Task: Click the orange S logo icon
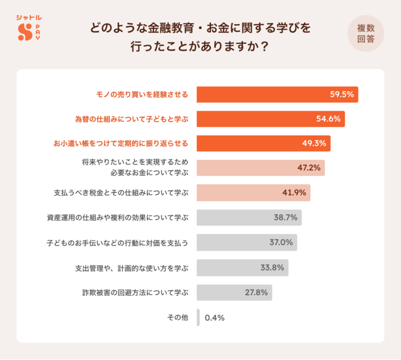click(x=24, y=32)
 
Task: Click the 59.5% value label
click(x=342, y=94)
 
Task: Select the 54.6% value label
click(x=328, y=119)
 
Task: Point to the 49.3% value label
click(x=314, y=143)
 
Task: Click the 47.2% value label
click(x=308, y=168)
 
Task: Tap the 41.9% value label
click(x=294, y=193)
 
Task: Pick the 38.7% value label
click(x=286, y=217)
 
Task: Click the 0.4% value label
click(x=214, y=317)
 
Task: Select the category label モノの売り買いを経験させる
click(x=142, y=94)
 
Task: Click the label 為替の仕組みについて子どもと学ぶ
click(x=131, y=119)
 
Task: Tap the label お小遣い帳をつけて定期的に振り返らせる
click(x=120, y=143)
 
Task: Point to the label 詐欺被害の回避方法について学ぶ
click(x=135, y=292)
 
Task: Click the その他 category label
click(x=177, y=317)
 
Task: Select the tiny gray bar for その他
click(x=199, y=317)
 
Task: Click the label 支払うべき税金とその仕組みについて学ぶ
click(x=121, y=193)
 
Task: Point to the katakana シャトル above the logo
click(x=30, y=17)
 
